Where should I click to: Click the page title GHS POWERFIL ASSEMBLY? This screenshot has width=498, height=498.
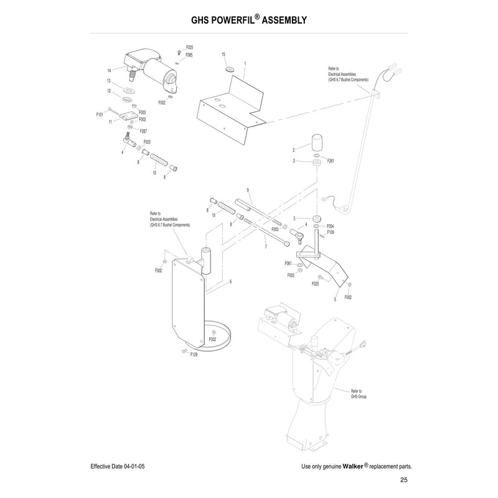248,20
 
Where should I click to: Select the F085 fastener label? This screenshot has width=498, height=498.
189,55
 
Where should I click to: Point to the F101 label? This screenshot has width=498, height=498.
100,115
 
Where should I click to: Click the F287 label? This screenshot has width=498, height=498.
143,131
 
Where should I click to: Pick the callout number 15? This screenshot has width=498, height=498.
223,55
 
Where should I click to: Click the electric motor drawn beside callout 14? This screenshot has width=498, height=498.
153,72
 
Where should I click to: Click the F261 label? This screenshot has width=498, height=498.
331,161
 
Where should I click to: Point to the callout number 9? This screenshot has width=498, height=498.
247,189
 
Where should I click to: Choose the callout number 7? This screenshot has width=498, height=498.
265,247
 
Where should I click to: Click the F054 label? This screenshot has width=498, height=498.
331,226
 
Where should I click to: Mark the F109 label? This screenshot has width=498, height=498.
331,232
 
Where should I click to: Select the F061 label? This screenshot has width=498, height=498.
289,264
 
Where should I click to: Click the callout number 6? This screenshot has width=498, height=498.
230,282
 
